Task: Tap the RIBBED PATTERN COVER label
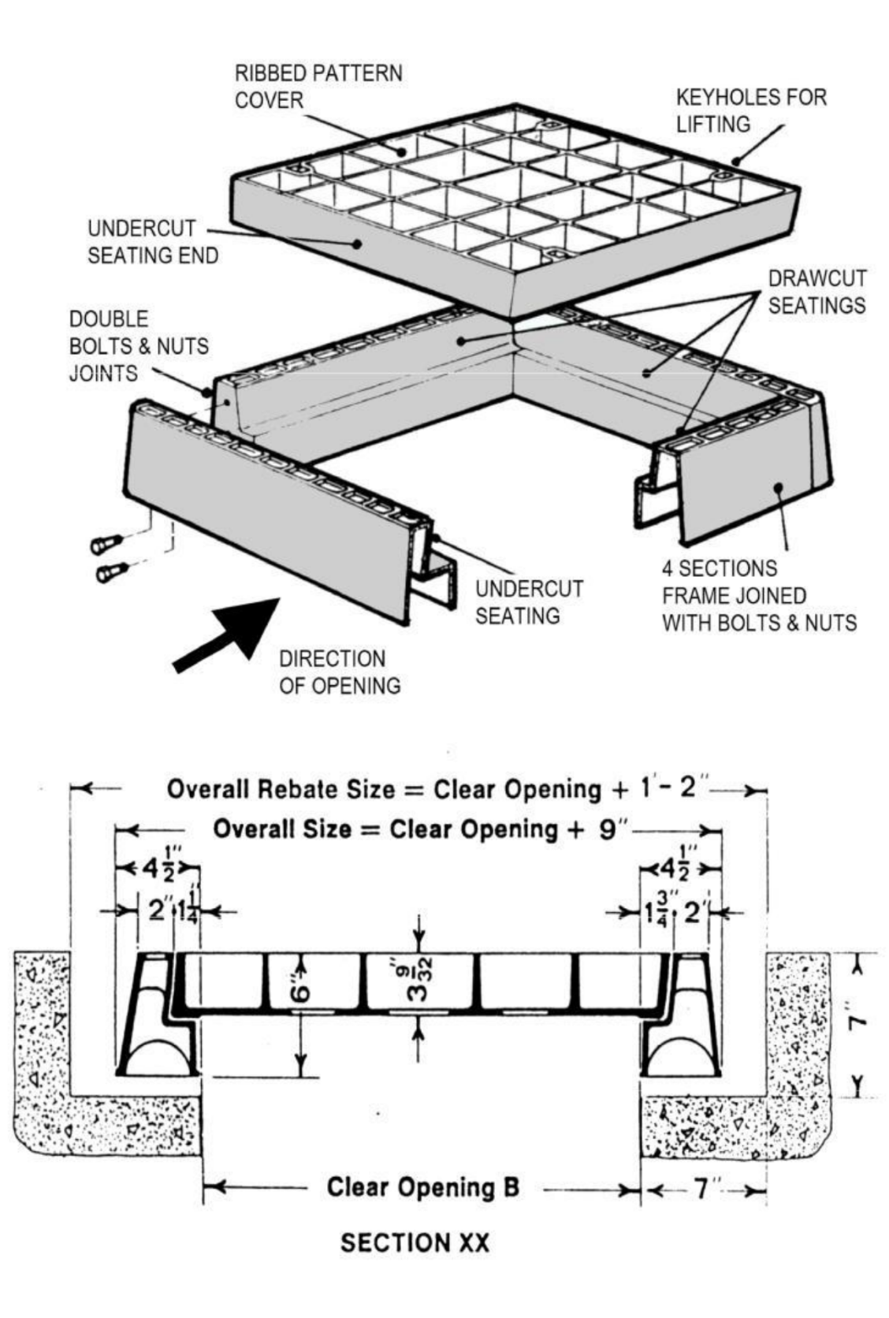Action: pos(318,87)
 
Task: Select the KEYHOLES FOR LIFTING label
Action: pos(750,110)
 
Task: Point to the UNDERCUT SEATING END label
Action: pos(152,242)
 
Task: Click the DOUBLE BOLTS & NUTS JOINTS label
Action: pos(139,346)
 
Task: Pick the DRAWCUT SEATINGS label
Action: pos(816,292)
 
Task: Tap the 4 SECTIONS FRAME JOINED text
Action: pos(758,595)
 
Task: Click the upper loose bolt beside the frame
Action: pos(106,544)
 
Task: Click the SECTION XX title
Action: pos(415,1243)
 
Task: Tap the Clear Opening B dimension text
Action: pos(423,1187)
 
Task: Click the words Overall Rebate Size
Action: pos(279,789)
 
